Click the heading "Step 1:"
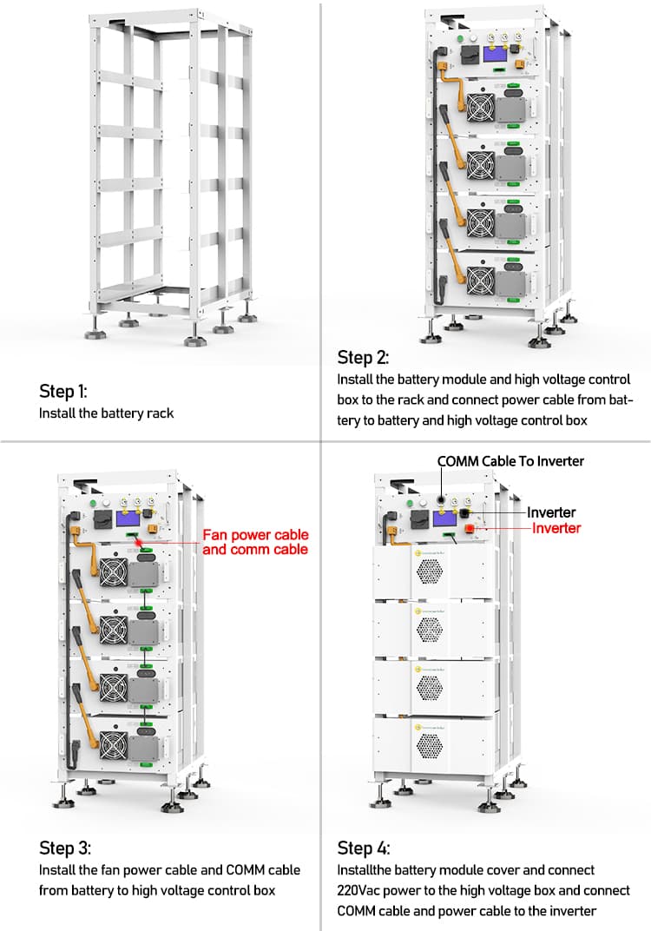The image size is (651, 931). pyautogui.click(x=63, y=391)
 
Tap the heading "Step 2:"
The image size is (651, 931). pyautogui.click(x=363, y=357)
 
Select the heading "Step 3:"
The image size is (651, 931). pyautogui.click(x=64, y=848)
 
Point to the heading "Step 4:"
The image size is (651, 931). pyautogui.click(x=363, y=848)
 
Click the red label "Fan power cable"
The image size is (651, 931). pyautogui.click(x=255, y=535)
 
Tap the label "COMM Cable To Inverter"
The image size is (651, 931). pyautogui.click(x=510, y=461)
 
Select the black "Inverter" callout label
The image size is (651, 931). pyautogui.click(x=551, y=512)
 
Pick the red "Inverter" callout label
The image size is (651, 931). pyautogui.click(x=556, y=528)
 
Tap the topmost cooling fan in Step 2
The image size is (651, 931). pyautogui.click(x=480, y=108)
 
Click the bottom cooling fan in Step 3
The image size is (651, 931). pyautogui.click(x=113, y=744)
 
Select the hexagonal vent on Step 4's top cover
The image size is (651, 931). pyautogui.click(x=430, y=569)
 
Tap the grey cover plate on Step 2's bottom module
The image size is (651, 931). pyautogui.click(x=510, y=281)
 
